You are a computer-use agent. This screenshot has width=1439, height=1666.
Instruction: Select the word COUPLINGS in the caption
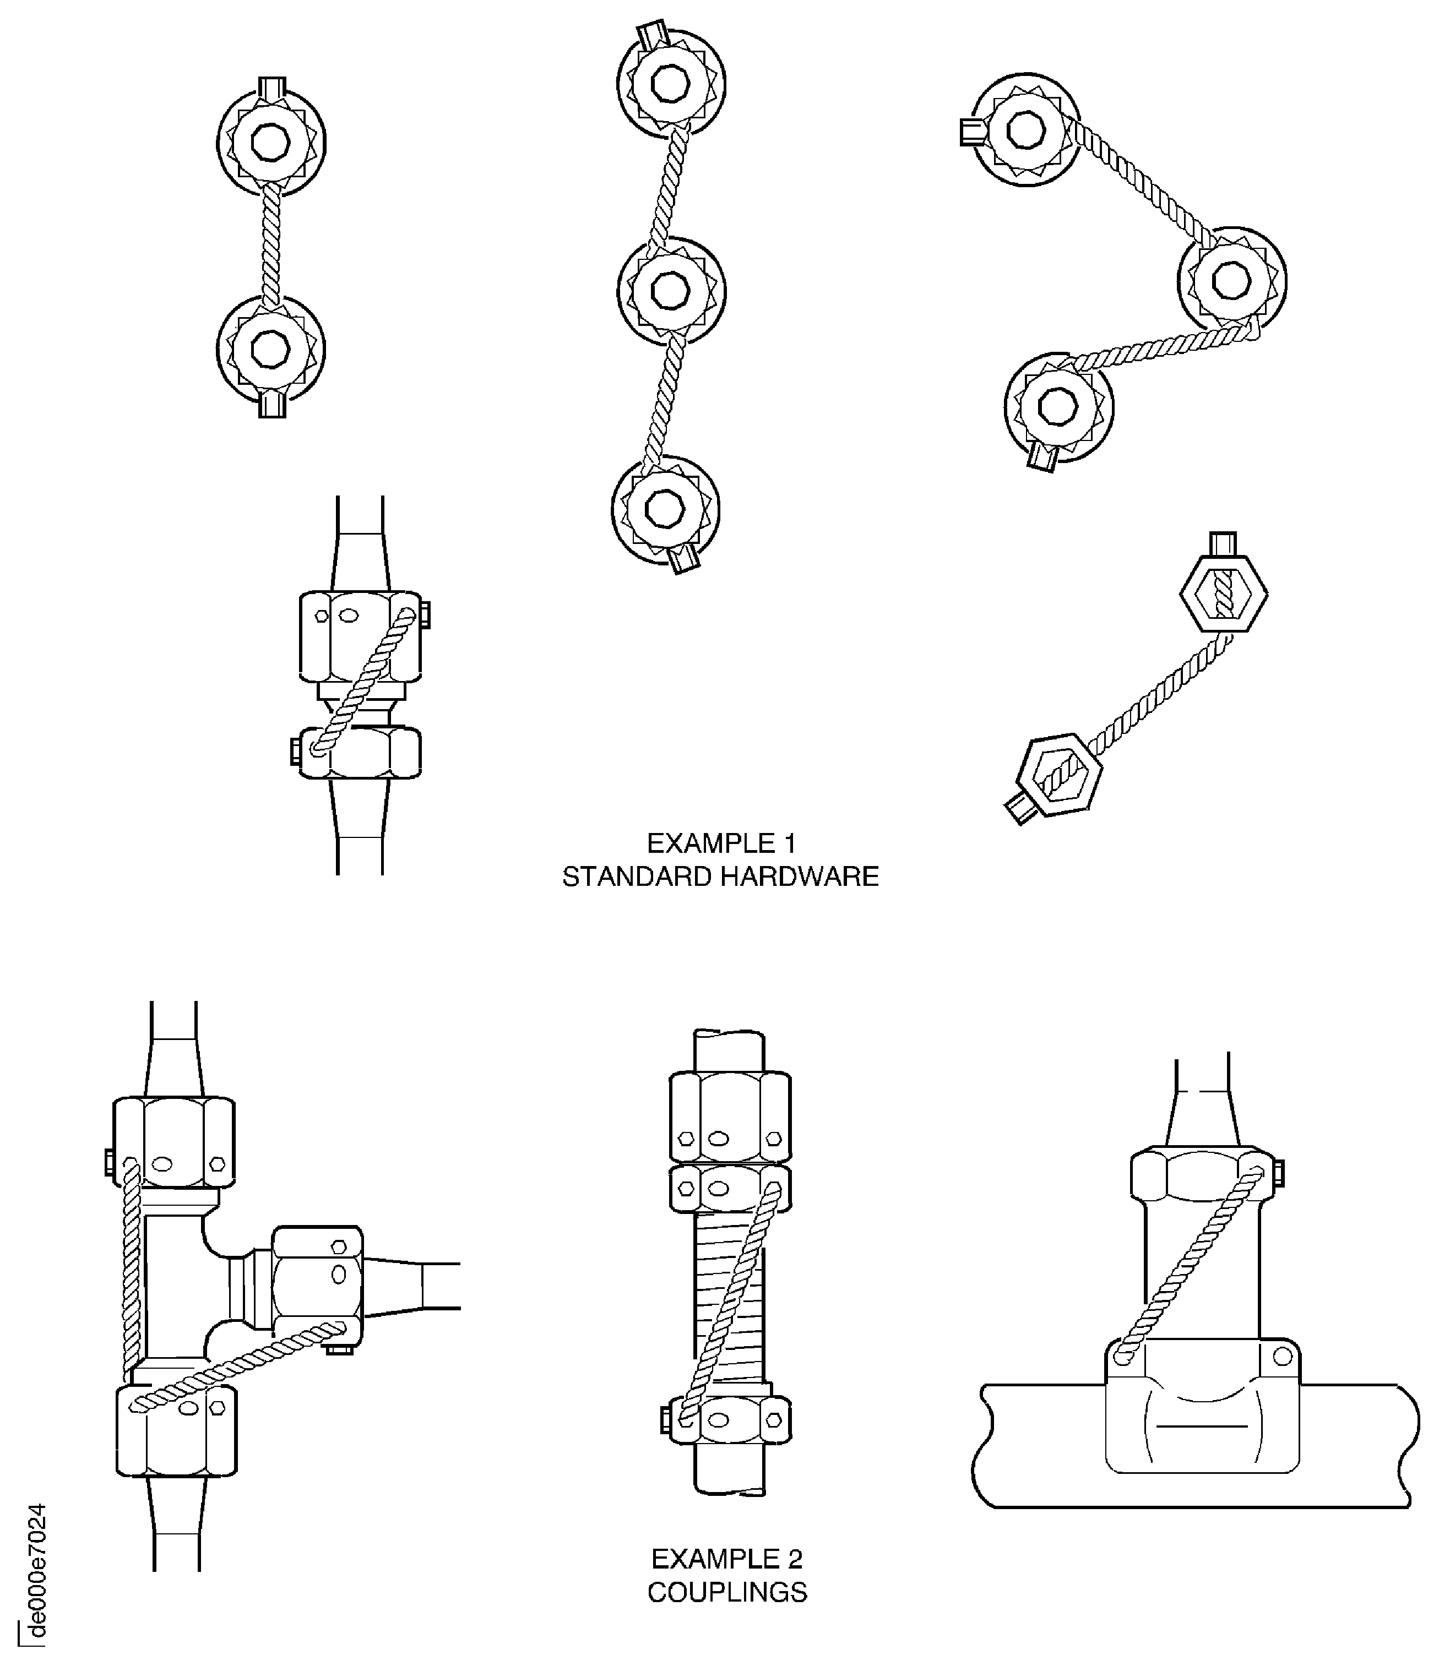[x=727, y=1592]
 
